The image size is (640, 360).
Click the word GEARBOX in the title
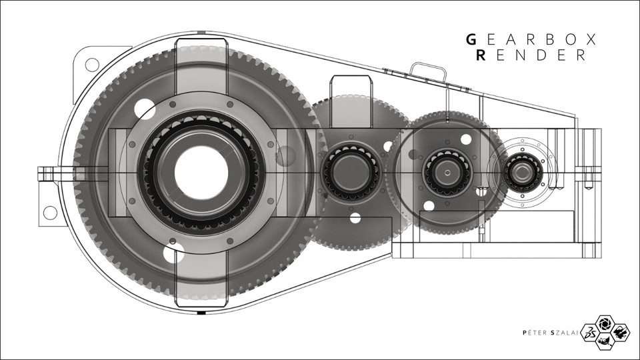(531, 39)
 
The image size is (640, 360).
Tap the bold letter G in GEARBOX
(471, 39)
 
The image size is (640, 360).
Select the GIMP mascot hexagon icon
(605, 341)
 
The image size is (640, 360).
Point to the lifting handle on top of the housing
(427, 69)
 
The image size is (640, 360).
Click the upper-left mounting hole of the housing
(92, 64)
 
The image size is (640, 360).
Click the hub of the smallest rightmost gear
(518, 173)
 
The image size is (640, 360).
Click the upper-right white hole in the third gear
(465, 139)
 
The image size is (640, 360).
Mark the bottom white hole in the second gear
(355, 217)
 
